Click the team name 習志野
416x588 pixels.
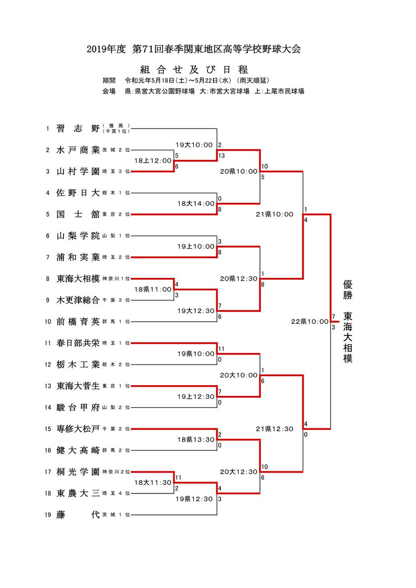(78, 129)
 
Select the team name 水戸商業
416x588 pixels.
(78, 150)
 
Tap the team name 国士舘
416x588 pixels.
(78, 214)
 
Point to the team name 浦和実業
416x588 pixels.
(78, 257)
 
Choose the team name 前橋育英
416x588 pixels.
(78, 321)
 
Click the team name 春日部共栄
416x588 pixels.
(78, 343)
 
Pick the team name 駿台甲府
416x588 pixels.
(78, 407)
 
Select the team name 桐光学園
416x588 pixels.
(78, 472)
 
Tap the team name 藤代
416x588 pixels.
(78, 514)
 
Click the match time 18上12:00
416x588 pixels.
(154, 160)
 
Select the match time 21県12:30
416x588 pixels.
(274, 429)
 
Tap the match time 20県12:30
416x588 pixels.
(239, 278)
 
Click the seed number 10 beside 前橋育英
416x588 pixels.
(48, 321)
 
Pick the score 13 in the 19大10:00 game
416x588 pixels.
(221, 155)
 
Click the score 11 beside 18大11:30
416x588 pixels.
(178, 477)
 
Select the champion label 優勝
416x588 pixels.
(348, 290)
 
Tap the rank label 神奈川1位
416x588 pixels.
(116, 279)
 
